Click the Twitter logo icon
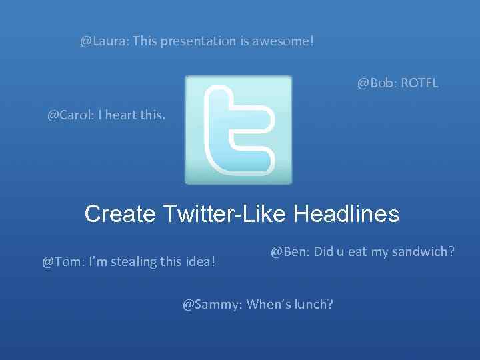click(x=238, y=130)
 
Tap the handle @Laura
click(x=104, y=41)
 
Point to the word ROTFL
click(x=420, y=84)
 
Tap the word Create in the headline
click(x=118, y=214)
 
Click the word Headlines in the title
click(x=346, y=214)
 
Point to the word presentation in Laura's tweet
click(x=197, y=41)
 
